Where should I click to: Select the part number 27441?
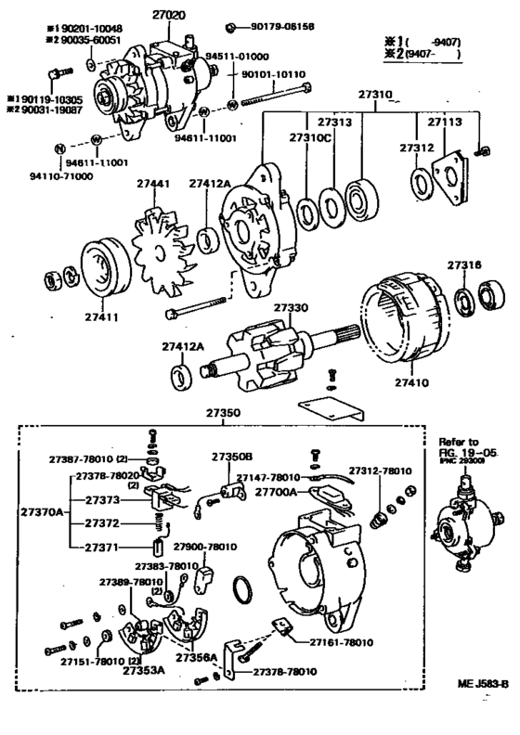(x=152, y=185)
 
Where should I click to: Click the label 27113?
(x=444, y=121)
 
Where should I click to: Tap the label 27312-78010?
(x=380, y=471)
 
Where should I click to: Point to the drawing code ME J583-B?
(x=483, y=709)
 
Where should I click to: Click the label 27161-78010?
(x=319, y=639)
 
